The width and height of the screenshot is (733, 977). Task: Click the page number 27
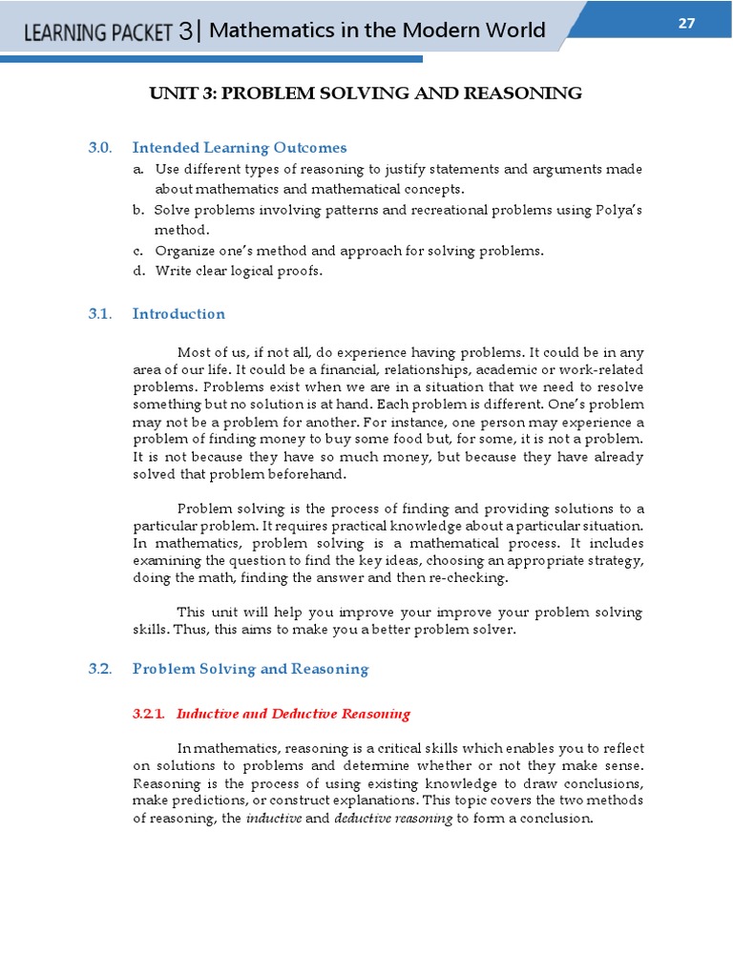(x=686, y=24)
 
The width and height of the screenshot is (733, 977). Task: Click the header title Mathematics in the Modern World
(x=377, y=31)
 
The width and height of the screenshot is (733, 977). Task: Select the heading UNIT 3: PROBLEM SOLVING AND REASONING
(x=366, y=93)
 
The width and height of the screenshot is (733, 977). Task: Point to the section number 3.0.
(x=100, y=148)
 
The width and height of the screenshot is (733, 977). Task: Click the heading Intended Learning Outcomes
(x=240, y=148)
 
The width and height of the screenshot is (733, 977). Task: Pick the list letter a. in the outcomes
(x=139, y=169)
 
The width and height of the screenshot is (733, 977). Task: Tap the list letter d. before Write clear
(x=139, y=271)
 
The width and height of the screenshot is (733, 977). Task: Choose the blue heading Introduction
(x=178, y=314)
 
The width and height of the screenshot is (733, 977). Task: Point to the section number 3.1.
(x=100, y=314)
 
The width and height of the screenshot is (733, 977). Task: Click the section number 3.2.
(x=100, y=669)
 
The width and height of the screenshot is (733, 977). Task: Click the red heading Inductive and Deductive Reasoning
(x=294, y=714)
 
